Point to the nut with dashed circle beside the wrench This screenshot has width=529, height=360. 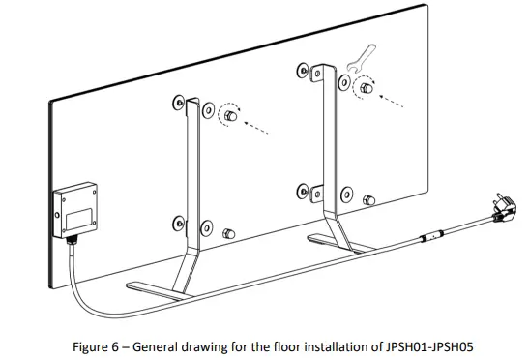tap(365, 90)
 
